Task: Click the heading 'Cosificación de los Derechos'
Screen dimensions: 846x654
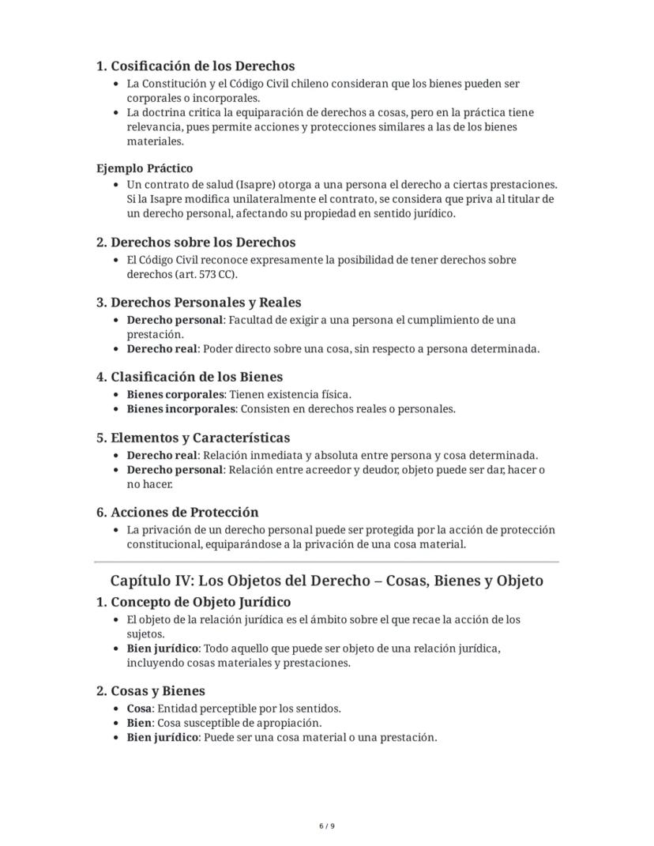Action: pyautogui.click(x=202, y=66)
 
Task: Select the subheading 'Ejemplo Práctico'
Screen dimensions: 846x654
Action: pyautogui.click(x=145, y=168)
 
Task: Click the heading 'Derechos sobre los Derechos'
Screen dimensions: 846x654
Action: pyautogui.click(x=203, y=243)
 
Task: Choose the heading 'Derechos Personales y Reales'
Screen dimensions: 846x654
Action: pyautogui.click(x=205, y=303)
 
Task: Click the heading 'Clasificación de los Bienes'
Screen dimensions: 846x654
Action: pyautogui.click(x=196, y=377)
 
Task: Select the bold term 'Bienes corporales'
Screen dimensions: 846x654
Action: pyautogui.click(x=175, y=394)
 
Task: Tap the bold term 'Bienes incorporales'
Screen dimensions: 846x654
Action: pyautogui.click(x=181, y=409)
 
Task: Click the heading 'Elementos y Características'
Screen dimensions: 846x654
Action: pyautogui.click(x=200, y=438)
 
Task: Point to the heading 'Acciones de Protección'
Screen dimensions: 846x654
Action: pyautogui.click(x=184, y=512)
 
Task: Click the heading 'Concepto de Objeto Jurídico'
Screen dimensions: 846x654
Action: pyautogui.click(x=201, y=603)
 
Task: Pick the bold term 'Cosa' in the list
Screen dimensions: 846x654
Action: pyautogui.click(x=139, y=709)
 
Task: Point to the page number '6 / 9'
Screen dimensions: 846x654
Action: pyautogui.click(x=326, y=826)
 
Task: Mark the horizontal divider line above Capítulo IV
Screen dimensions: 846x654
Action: pyautogui.click(x=326, y=562)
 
